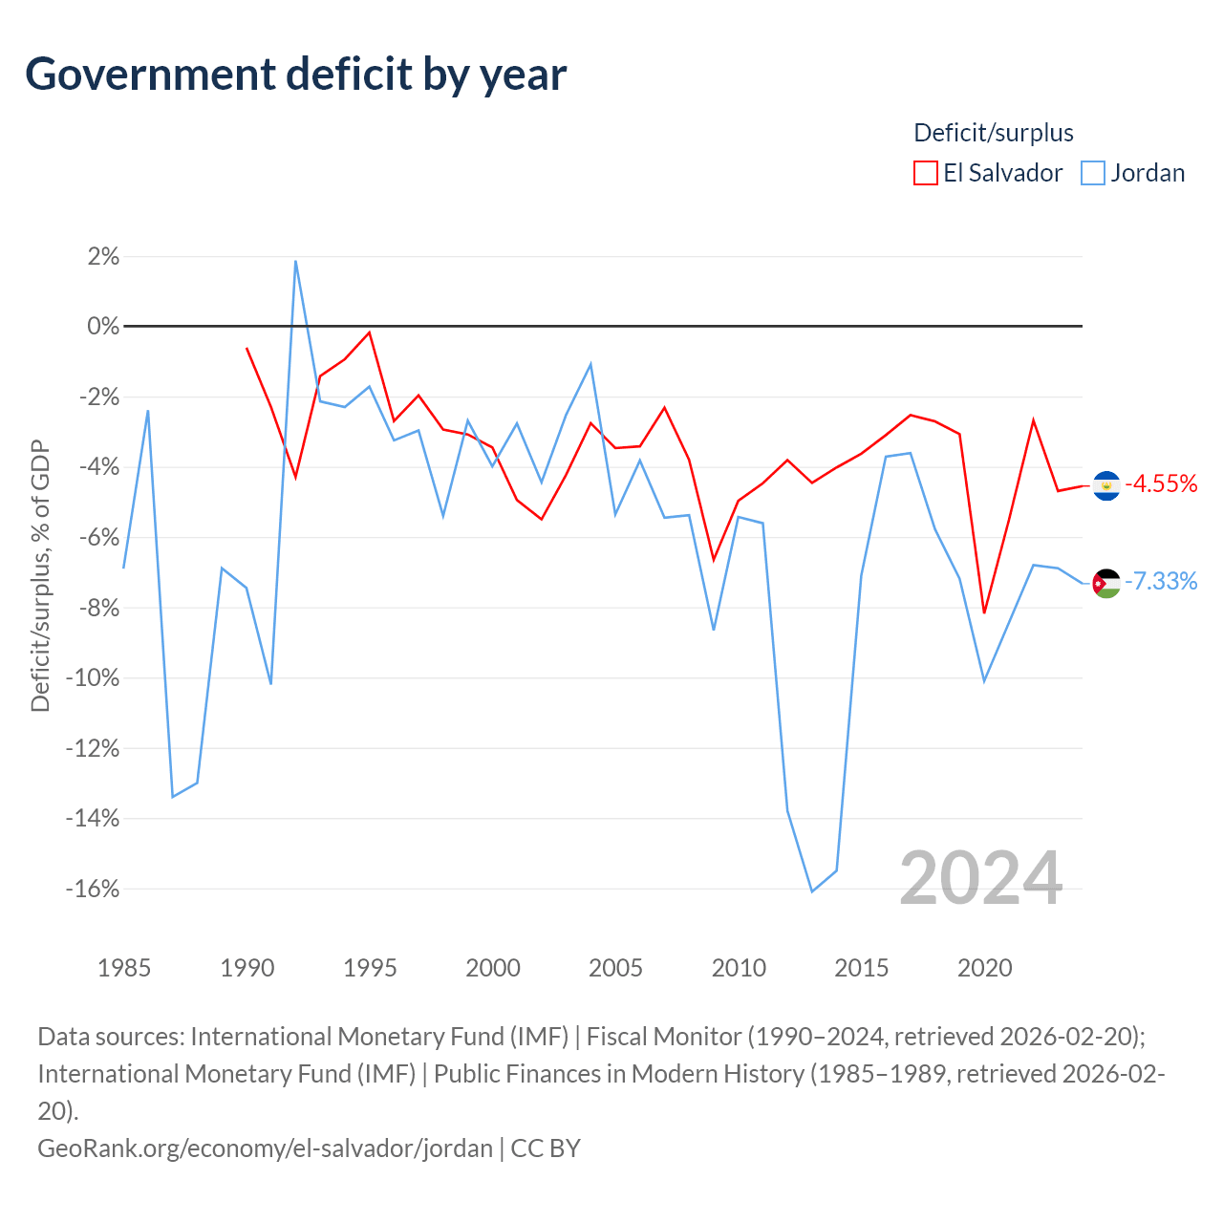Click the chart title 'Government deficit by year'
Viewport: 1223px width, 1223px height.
click(x=295, y=75)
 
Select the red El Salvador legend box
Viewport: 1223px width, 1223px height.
click(x=925, y=173)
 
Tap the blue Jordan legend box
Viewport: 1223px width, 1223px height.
click(x=1092, y=173)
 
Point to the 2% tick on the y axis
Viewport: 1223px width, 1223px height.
click(x=103, y=256)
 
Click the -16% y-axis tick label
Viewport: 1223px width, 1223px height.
click(x=93, y=889)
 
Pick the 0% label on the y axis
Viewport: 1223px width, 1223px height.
click(x=103, y=326)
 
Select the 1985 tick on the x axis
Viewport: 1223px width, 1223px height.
click(x=124, y=968)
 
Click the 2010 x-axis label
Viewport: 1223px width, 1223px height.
click(x=739, y=968)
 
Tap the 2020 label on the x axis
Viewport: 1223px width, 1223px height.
click(x=984, y=968)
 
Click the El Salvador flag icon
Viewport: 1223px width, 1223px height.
click(x=1106, y=486)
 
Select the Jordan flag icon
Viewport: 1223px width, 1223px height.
click(x=1106, y=583)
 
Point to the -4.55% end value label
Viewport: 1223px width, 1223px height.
click(x=1161, y=484)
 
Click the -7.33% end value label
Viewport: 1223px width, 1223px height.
click(x=1161, y=581)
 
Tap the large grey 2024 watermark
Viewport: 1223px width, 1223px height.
click(x=980, y=878)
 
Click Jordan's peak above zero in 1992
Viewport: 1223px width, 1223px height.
click(x=296, y=261)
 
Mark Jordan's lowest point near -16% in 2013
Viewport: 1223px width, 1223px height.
click(x=812, y=891)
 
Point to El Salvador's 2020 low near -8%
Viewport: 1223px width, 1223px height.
click(x=984, y=612)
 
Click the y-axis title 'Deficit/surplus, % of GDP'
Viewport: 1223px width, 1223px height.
click(x=40, y=575)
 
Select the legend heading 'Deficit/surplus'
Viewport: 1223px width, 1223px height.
click(x=994, y=133)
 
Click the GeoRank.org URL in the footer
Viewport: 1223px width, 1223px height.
click(x=266, y=1148)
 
